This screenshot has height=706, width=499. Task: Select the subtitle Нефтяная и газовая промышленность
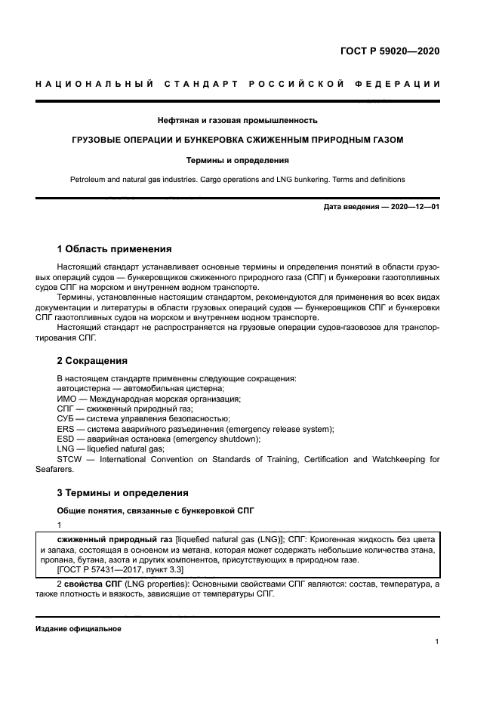(237, 120)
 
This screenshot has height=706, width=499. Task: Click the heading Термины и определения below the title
(237, 160)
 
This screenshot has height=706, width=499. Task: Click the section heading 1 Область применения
(114, 248)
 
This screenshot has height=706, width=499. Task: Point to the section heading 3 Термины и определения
(122, 492)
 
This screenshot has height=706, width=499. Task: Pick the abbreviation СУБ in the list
(66, 418)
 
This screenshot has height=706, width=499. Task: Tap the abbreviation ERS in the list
(66, 429)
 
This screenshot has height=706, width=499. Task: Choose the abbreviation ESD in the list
(66, 439)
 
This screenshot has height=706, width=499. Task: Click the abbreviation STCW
(69, 458)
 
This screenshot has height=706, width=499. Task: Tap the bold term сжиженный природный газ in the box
(109, 540)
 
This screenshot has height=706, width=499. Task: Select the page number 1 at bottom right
(436, 642)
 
